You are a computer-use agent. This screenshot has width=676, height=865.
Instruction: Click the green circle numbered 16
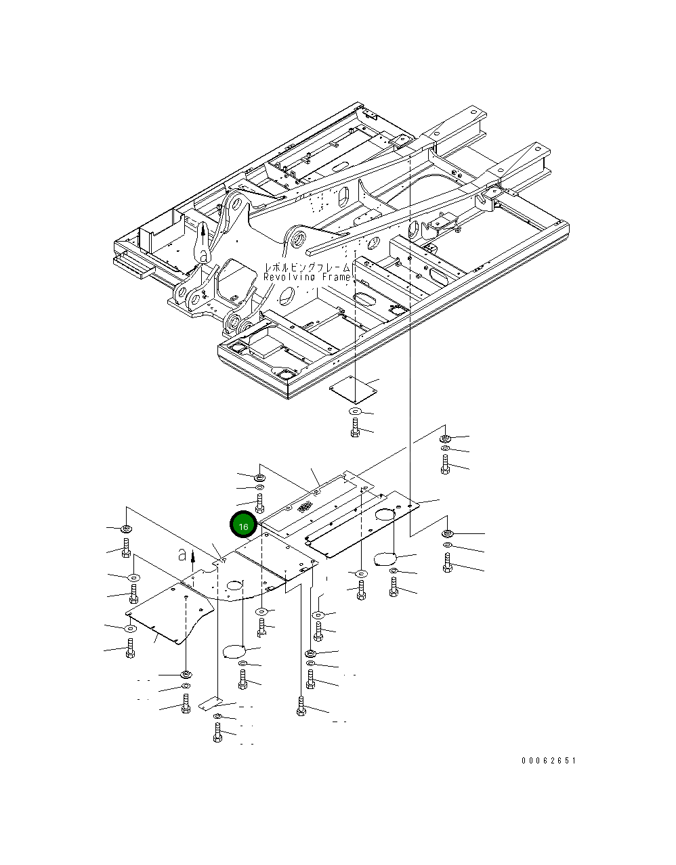pyautogui.click(x=243, y=525)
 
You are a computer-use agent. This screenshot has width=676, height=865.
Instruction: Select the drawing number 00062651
pyautogui.click(x=548, y=761)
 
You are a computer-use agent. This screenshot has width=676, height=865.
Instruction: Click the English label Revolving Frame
pyautogui.click(x=307, y=278)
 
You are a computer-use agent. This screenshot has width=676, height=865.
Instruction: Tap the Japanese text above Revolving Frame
pyautogui.click(x=307, y=267)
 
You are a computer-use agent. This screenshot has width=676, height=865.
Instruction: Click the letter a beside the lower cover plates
pyautogui.click(x=182, y=555)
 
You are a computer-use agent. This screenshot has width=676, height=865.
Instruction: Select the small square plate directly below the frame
pyautogui.click(x=354, y=391)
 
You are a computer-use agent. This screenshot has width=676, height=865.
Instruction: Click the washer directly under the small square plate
pyautogui.click(x=356, y=412)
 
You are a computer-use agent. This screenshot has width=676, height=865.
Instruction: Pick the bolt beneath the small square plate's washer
pyautogui.click(x=356, y=427)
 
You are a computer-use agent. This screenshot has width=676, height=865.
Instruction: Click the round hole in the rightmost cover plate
pyautogui.click(x=385, y=515)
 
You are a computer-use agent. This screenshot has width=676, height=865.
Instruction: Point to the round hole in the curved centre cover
pyautogui.click(x=235, y=584)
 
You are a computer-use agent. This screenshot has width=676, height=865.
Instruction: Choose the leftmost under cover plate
pyautogui.click(x=169, y=613)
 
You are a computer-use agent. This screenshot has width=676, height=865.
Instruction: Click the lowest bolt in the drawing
pyautogui.click(x=217, y=733)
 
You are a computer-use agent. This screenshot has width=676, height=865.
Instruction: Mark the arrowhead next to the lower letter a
pyautogui.click(x=193, y=554)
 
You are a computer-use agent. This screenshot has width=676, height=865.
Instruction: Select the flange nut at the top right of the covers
pyautogui.click(x=445, y=437)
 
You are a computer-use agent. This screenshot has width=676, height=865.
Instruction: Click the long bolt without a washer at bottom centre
pyautogui.click(x=301, y=705)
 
